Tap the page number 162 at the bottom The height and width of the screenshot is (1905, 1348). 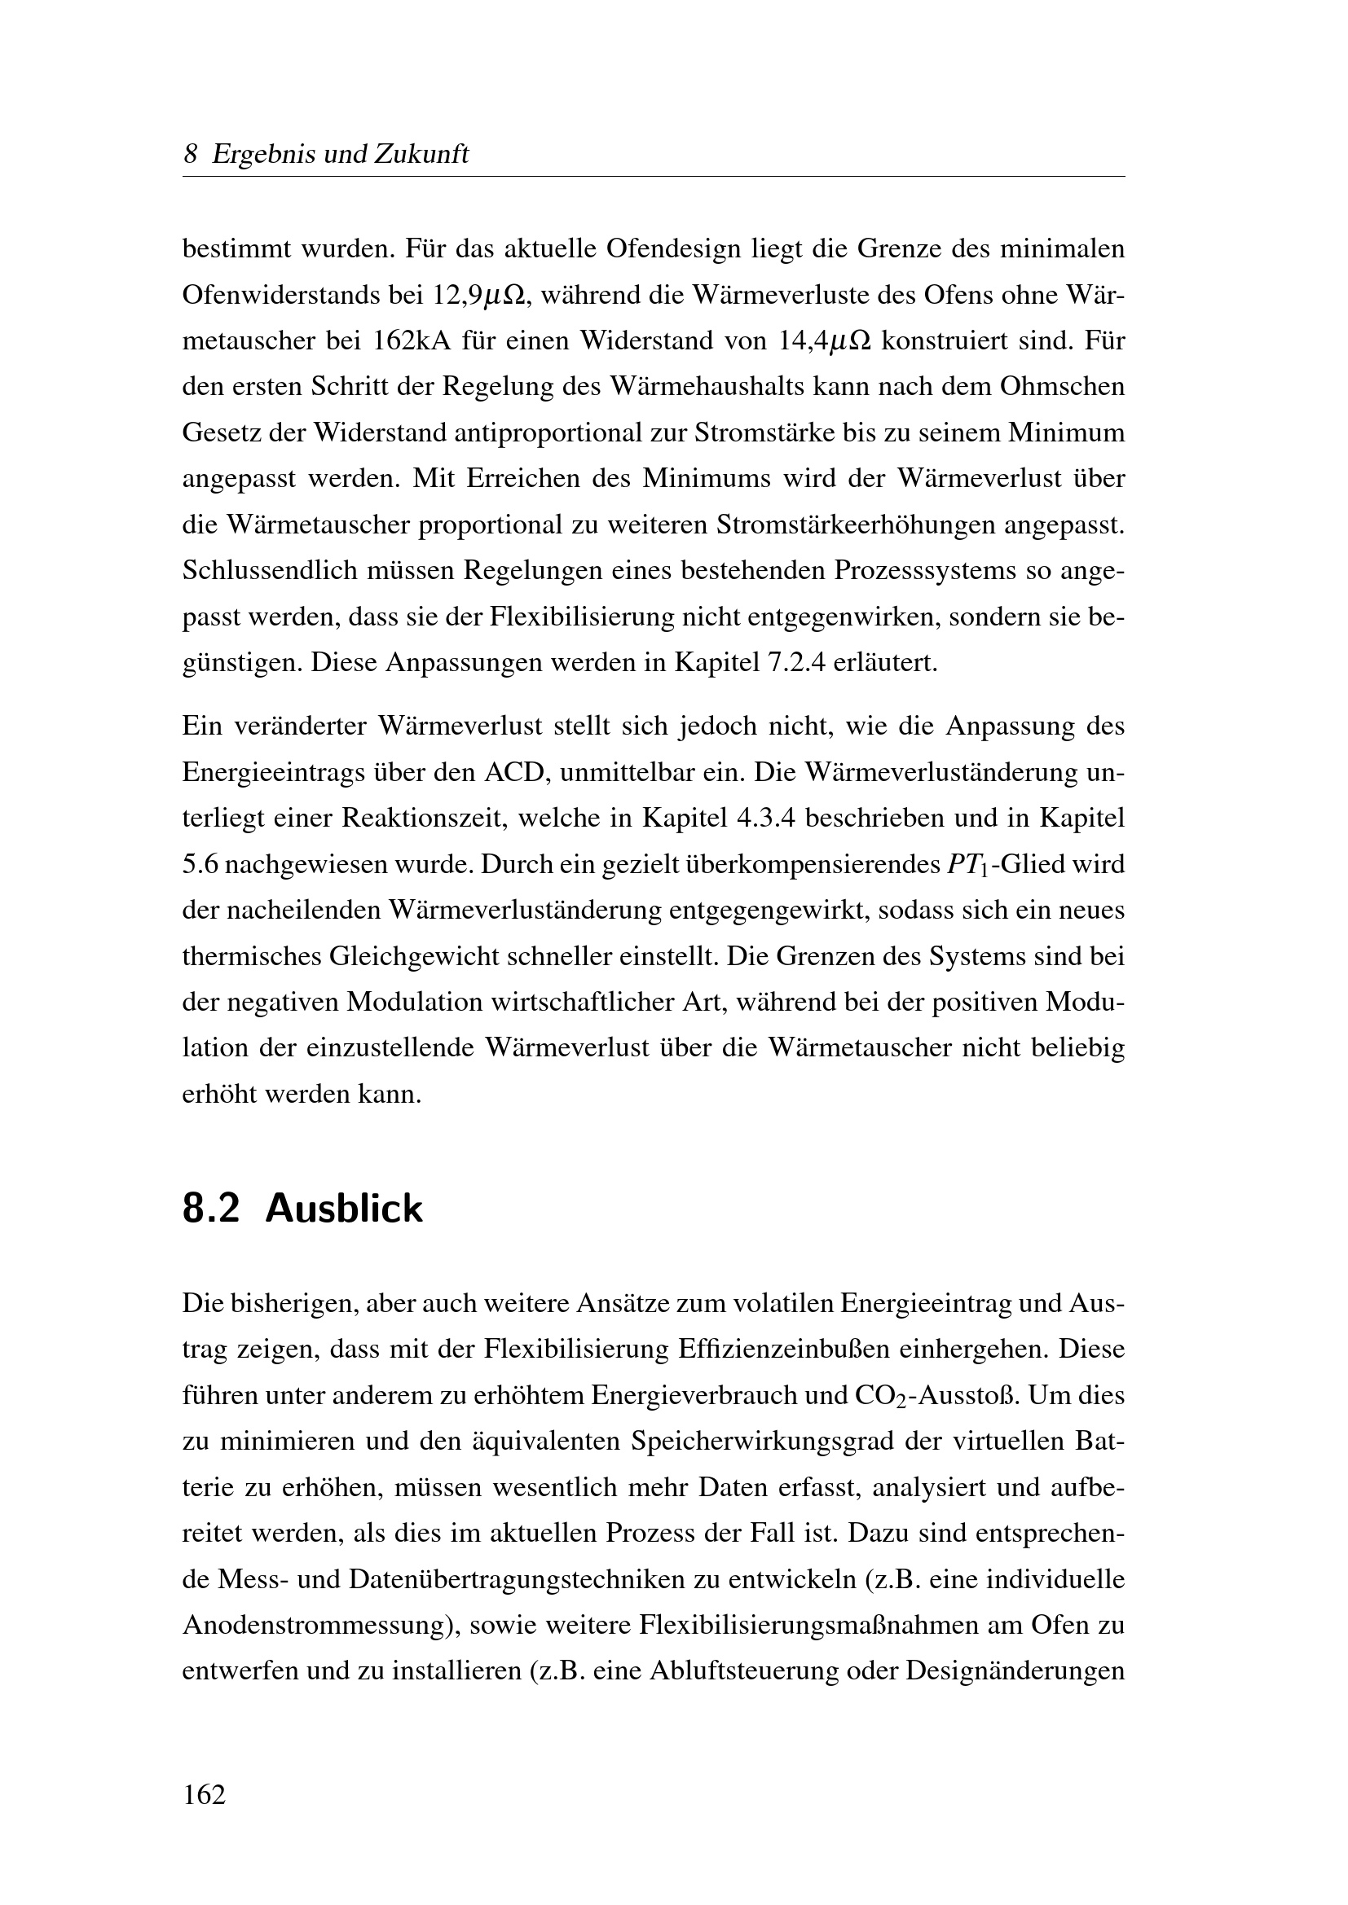(205, 1795)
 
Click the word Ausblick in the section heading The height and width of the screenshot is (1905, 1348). (344, 1209)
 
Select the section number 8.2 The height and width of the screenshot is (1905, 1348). (211, 1209)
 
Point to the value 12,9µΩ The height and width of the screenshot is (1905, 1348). (479, 296)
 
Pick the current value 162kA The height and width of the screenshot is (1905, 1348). (410, 341)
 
